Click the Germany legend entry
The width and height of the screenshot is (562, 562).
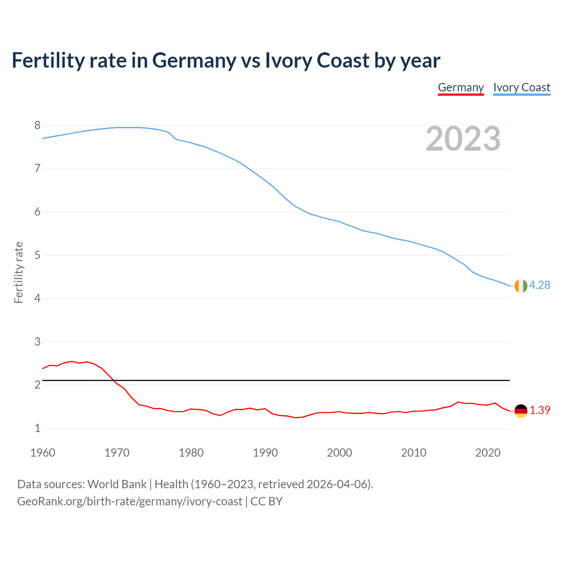point(461,87)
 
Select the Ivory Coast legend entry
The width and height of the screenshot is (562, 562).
point(522,87)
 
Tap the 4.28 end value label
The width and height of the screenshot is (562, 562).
point(540,285)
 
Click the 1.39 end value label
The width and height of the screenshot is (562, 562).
point(540,410)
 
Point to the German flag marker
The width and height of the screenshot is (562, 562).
point(521,411)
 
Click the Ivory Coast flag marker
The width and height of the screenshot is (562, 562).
point(521,286)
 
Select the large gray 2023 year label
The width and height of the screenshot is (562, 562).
point(463,139)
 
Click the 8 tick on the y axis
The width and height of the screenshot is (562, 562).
point(37,126)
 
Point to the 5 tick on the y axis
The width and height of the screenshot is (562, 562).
point(37,255)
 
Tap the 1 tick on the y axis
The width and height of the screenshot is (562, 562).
point(37,428)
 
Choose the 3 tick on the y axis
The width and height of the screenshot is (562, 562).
point(37,342)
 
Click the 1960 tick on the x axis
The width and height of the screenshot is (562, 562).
point(43,453)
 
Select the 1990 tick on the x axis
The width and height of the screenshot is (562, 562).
point(265,453)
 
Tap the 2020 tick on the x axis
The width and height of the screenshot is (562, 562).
point(488,453)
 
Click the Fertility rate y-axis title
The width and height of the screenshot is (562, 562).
point(18,272)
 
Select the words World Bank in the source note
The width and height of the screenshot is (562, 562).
point(117,484)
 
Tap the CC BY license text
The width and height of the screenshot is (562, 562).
point(267,501)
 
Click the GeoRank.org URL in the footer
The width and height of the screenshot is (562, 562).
point(130,501)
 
